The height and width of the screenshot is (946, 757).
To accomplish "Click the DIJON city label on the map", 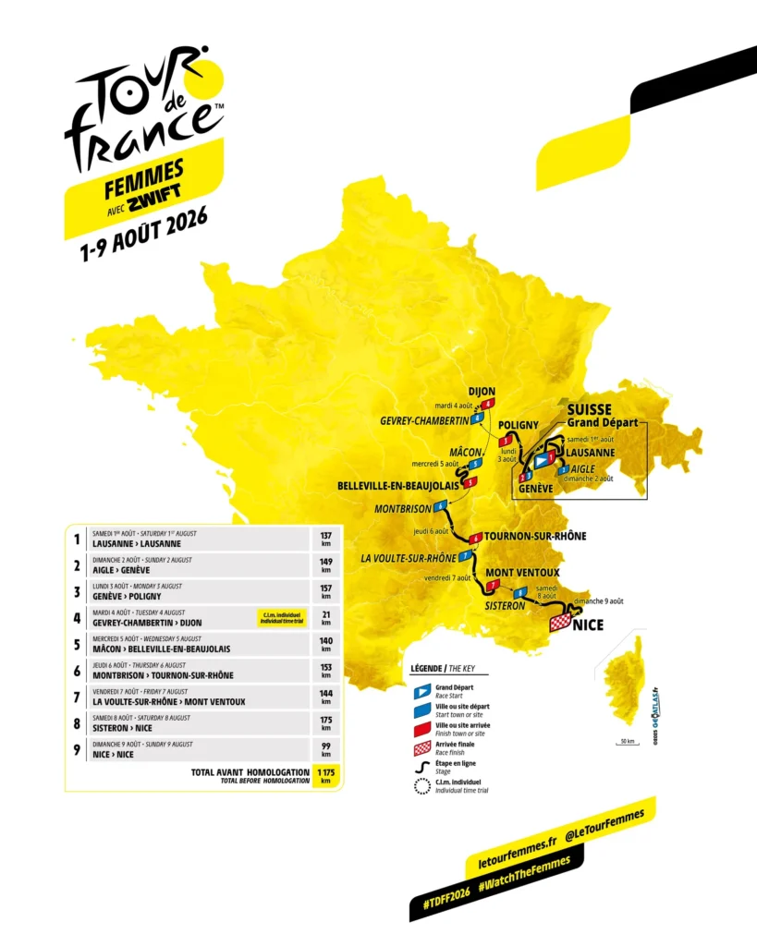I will [x=476, y=390].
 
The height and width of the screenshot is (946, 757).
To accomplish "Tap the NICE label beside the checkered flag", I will [x=588, y=625].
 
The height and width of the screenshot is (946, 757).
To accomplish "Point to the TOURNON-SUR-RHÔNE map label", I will [x=535, y=536].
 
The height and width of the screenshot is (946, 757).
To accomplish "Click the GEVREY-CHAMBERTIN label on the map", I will [x=424, y=420].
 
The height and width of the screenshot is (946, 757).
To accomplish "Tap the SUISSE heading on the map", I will [x=589, y=409].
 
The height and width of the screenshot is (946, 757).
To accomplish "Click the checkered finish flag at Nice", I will [x=560, y=624].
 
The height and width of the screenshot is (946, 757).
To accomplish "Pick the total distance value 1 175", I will [x=325, y=770].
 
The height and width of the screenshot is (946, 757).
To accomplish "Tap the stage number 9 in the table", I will [x=77, y=749].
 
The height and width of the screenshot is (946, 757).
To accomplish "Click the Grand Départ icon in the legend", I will [x=421, y=690].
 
